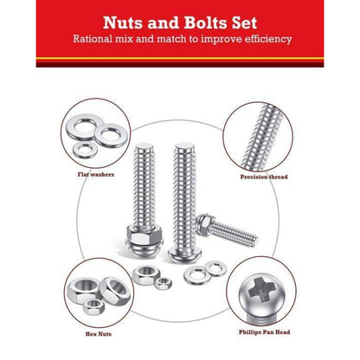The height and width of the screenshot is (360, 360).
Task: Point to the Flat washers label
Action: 96,175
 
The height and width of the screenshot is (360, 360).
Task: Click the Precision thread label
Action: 264,177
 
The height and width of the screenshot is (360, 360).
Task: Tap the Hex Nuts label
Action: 99,334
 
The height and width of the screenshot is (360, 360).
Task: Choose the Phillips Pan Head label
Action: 264,332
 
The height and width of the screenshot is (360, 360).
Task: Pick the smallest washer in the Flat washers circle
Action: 85,151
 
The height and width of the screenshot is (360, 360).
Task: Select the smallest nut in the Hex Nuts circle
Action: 93,306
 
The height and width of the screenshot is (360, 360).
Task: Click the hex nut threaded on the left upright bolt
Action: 145,235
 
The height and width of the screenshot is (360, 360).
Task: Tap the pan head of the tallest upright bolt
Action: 183,254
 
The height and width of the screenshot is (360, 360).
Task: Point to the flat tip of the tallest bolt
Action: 183,146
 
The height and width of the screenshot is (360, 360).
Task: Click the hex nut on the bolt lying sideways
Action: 205,222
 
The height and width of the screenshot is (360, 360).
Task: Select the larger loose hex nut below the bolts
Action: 146,275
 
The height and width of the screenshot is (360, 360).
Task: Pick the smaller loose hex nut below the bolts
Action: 164,283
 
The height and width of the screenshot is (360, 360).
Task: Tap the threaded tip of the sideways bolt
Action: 254,238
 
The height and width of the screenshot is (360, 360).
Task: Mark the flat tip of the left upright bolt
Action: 145,146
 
